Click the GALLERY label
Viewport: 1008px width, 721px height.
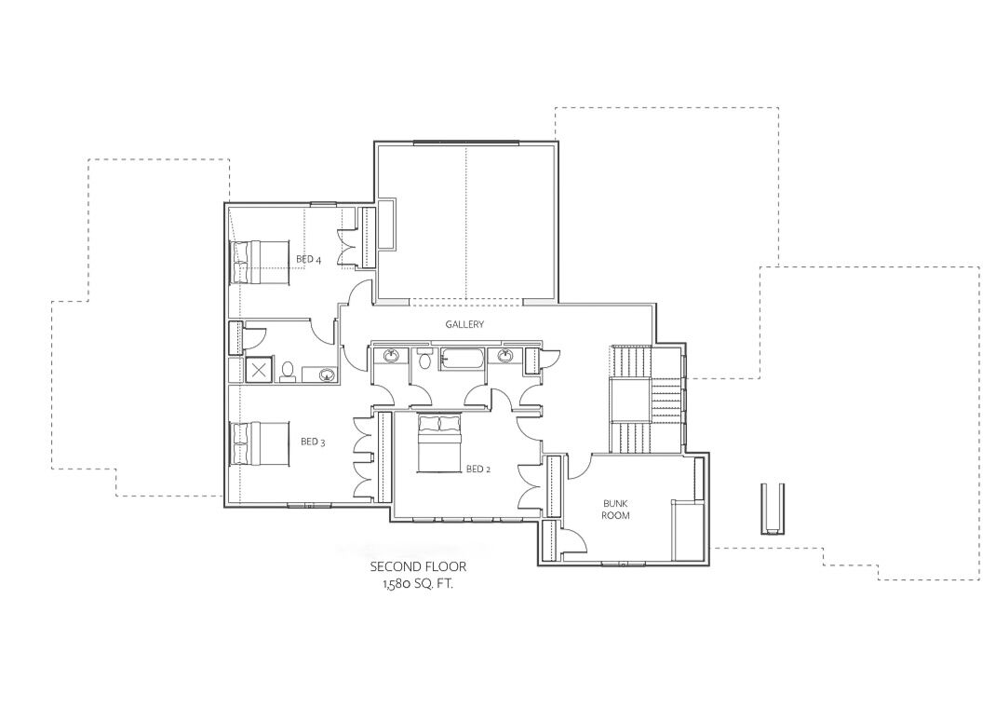coord(464,325)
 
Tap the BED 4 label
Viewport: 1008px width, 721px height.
coord(309,259)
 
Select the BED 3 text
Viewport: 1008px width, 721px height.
coord(313,442)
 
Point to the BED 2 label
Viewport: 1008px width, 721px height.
coord(478,469)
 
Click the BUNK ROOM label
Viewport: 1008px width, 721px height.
coord(616,510)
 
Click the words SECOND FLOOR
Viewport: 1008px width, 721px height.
coord(418,566)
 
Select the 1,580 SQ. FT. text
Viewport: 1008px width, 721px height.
coord(419,585)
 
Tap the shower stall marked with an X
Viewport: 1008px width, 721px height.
coord(259,370)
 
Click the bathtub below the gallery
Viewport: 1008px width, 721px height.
coord(463,359)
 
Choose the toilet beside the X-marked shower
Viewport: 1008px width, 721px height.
coord(288,372)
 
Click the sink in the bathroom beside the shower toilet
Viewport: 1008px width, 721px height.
coord(328,374)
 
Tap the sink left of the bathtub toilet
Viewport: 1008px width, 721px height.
coord(392,355)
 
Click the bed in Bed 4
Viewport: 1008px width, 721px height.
coord(260,263)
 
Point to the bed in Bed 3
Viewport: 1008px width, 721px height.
coord(260,443)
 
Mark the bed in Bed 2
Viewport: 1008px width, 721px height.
coord(439,443)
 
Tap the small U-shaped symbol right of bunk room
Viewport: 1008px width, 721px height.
coord(772,508)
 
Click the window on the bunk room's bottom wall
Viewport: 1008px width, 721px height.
coord(623,565)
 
